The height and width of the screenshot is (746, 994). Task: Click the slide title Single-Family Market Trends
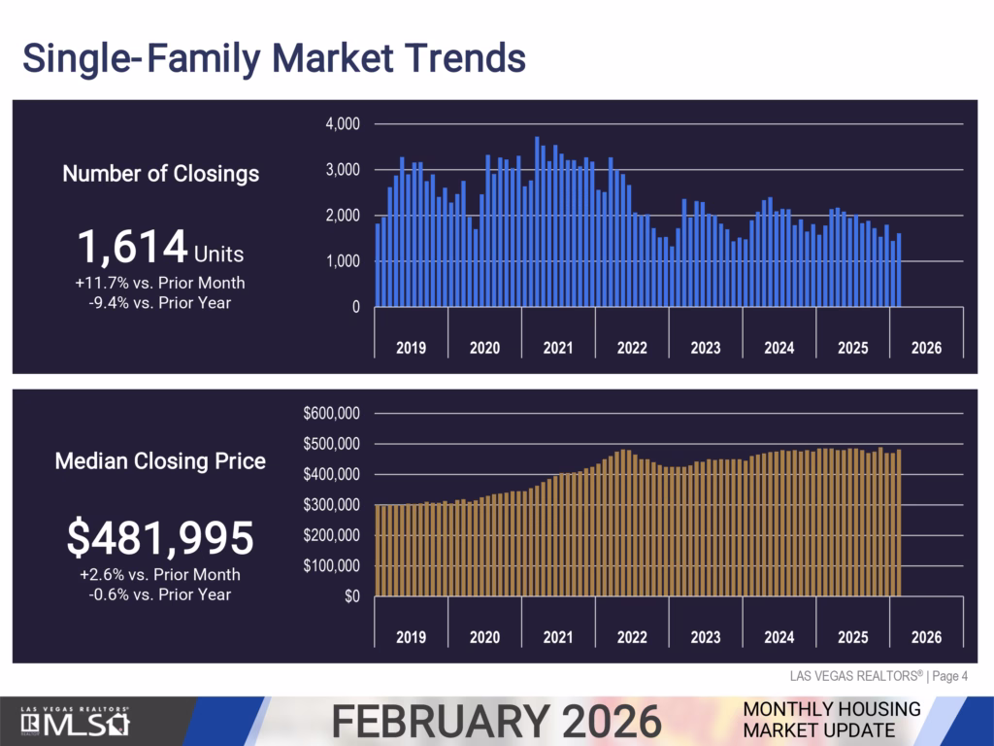(274, 58)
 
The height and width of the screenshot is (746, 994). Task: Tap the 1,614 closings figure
(133, 248)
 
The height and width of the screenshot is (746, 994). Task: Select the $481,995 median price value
(160, 538)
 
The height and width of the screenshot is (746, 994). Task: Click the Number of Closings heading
(160, 174)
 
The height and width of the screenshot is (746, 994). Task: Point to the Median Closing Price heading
(160, 461)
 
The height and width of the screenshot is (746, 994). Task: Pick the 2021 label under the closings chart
(558, 348)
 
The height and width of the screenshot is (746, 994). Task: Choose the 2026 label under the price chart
(926, 637)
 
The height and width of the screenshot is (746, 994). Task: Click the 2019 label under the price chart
(411, 637)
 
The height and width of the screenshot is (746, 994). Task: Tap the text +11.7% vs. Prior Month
(160, 284)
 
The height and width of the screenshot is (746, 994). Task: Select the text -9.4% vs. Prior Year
(160, 302)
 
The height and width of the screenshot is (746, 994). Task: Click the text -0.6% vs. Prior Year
(160, 593)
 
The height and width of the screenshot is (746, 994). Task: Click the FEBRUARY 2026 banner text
(496, 722)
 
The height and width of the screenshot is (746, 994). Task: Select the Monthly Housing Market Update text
(831, 719)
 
